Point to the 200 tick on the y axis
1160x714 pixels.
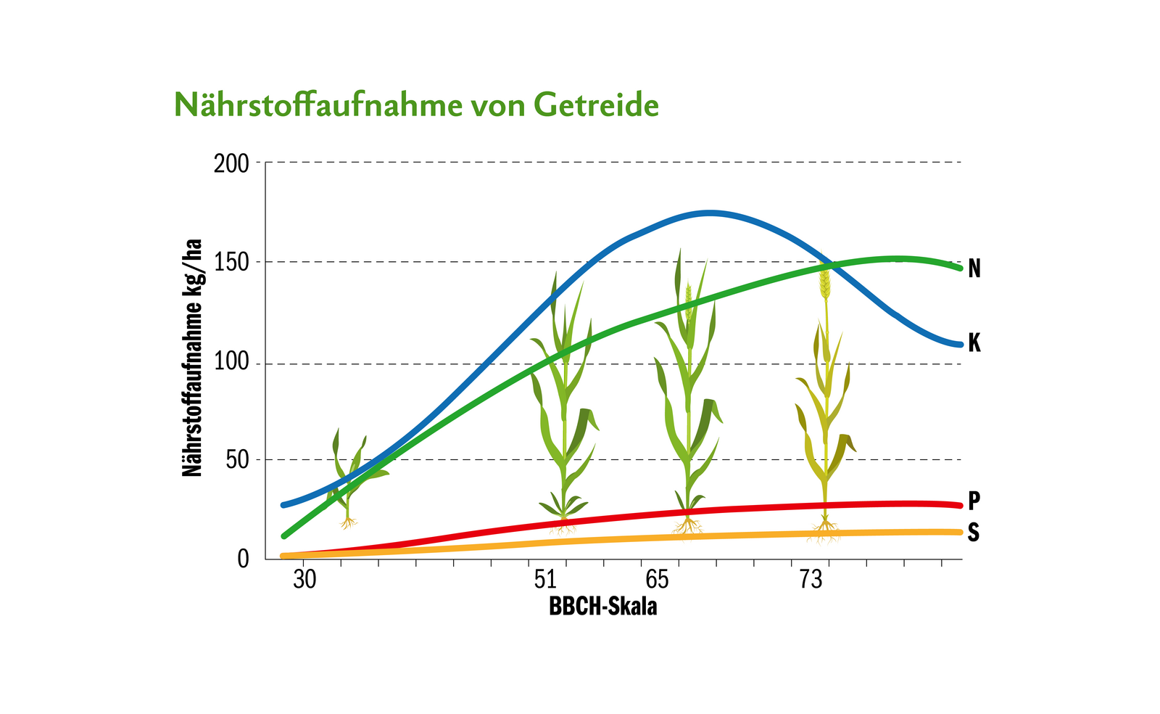(x=231, y=163)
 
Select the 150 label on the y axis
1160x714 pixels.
(x=231, y=263)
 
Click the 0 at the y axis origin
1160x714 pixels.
(x=243, y=559)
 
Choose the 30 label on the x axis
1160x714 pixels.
(x=304, y=580)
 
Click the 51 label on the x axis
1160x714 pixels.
(x=545, y=580)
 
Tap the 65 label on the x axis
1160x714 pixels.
(x=657, y=580)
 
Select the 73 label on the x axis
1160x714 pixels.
(x=811, y=580)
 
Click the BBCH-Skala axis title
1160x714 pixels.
(x=602, y=607)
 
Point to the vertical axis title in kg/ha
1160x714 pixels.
(x=192, y=357)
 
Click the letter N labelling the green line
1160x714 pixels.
(x=974, y=269)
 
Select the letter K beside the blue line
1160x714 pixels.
(x=974, y=343)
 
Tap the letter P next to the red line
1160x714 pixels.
(x=974, y=501)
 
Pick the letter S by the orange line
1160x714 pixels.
(x=974, y=533)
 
